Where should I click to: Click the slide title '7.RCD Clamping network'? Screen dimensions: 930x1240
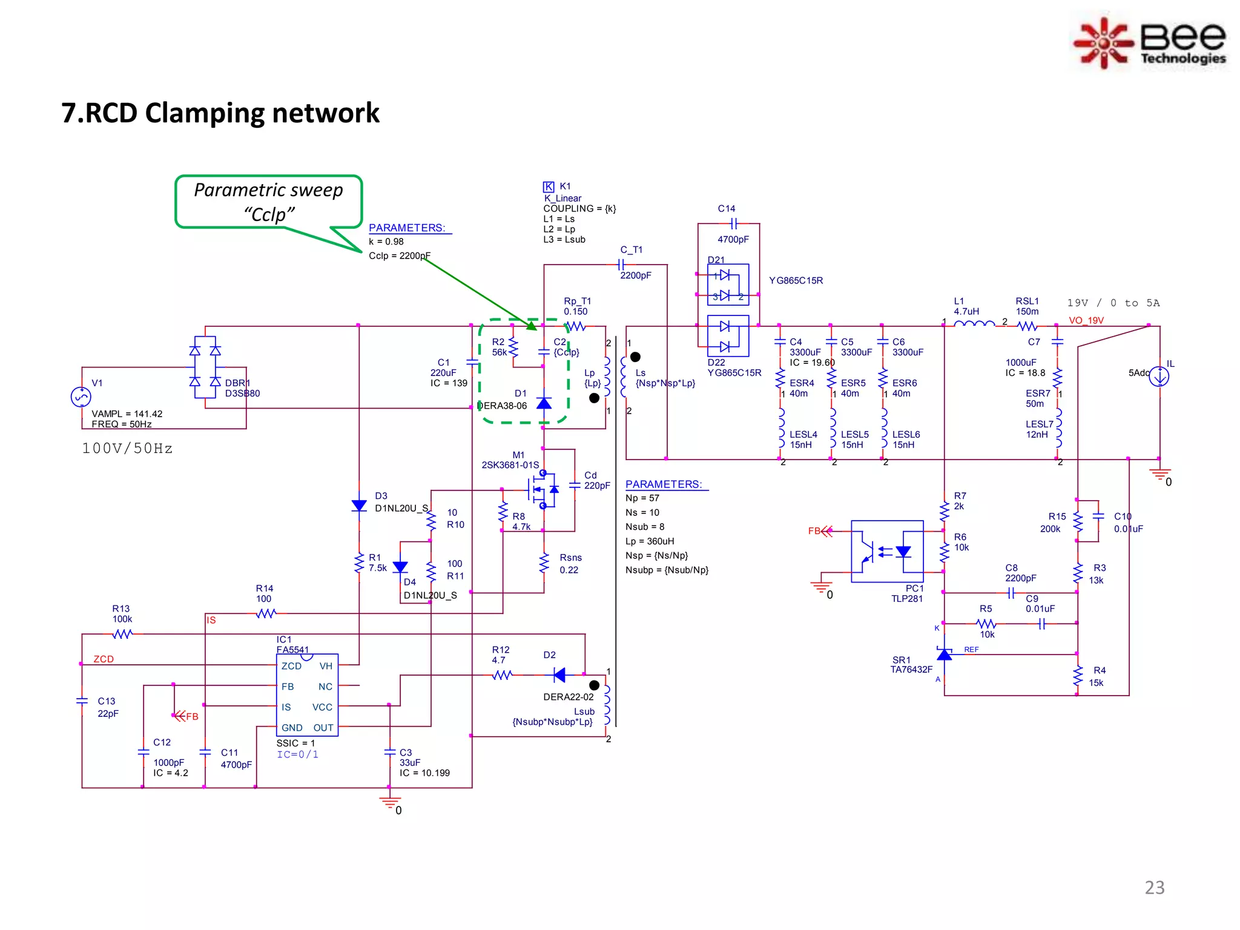tap(220, 113)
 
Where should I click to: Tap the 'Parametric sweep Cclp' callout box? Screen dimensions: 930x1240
tap(268, 202)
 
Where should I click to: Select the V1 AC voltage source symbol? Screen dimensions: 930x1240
tap(81, 397)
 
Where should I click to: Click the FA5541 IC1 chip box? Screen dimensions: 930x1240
tap(307, 695)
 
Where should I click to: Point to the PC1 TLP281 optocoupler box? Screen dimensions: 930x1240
tap(887, 551)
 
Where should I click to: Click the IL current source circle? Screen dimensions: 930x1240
tap(1159, 377)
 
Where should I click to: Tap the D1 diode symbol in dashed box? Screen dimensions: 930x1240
tap(544, 403)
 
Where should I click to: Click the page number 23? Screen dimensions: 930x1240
tap(1154, 888)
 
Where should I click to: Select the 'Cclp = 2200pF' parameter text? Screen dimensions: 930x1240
tap(400, 256)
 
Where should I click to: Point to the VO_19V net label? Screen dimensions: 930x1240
tap(1086, 320)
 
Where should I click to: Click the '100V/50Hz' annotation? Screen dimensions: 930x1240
tap(127, 449)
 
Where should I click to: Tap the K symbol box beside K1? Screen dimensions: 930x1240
tap(548, 186)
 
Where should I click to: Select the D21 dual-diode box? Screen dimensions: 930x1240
tap(728, 285)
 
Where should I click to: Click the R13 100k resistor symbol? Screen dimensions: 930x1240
tap(122, 634)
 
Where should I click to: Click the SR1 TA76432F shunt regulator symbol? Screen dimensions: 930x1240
tap(944, 655)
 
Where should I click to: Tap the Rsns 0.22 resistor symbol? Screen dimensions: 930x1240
tap(544, 563)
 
